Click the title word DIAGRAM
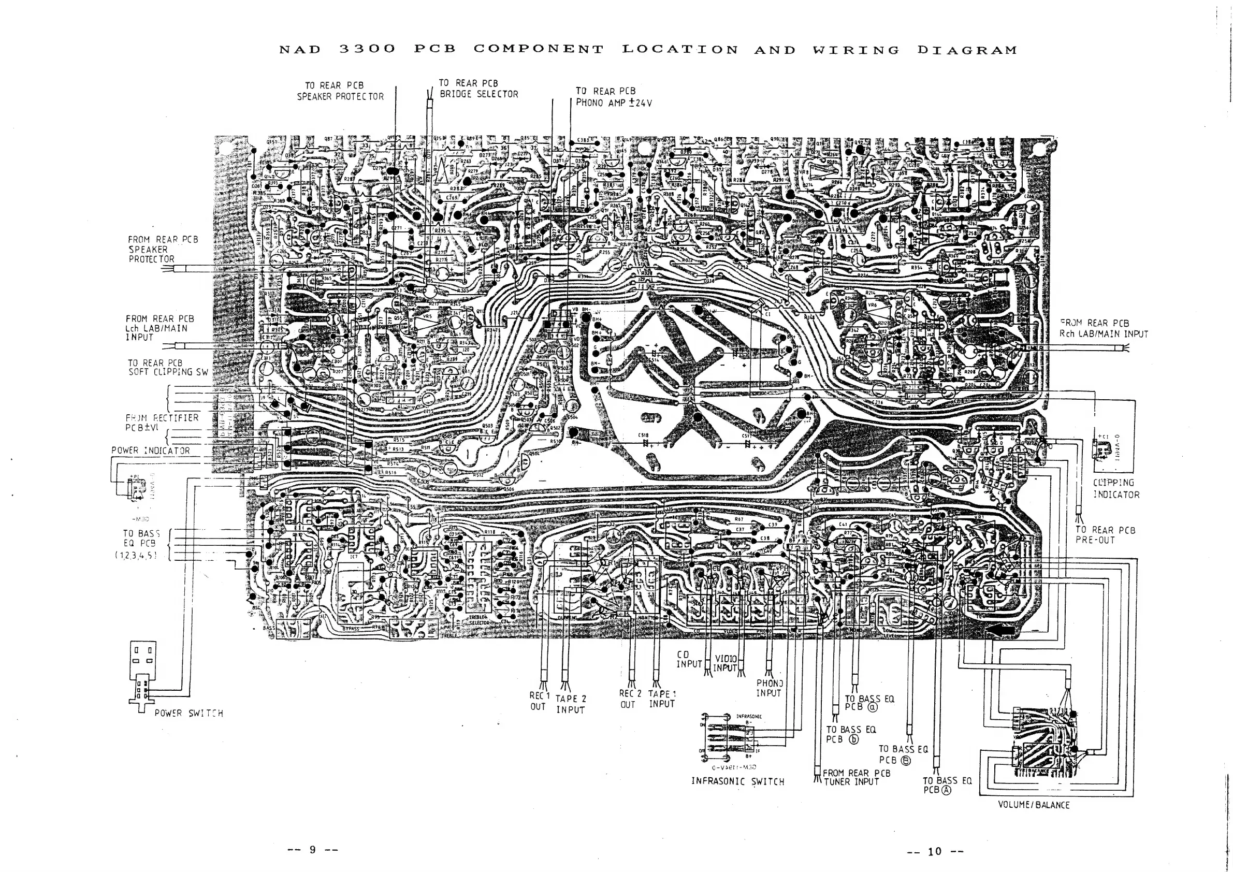click(x=967, y=50)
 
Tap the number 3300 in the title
click(x=367, y=49)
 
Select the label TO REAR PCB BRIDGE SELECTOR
click(x=478, y=89)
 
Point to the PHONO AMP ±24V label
click(x=613, y=103)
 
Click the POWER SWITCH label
click(x=188, y=713)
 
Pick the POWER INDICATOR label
click(x=150, y=450)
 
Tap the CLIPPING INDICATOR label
click(x=1116, y=489)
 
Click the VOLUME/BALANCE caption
click(x=1033, y=805)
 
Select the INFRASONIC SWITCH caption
click(x=737, y=781)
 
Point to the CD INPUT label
click(x=688, y=660)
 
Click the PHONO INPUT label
click(x=769, y=688)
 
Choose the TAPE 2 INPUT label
click(x=570, y=704)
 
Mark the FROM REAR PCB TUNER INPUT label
click(x=856, y=777)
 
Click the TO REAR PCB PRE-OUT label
click(x=1105, y=535)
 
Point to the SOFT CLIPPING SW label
click(x=168, y=367)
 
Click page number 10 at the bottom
click(x=934, y=851)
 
